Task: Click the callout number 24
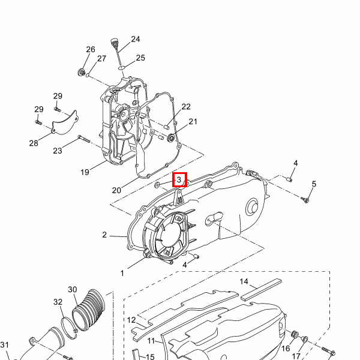136,39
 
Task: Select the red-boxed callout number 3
179,180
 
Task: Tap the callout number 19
85,172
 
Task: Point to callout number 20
116,190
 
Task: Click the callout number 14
244,281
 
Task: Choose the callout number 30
73,290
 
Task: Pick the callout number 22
186,107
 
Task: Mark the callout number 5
314,184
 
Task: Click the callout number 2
104,235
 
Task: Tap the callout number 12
131,320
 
